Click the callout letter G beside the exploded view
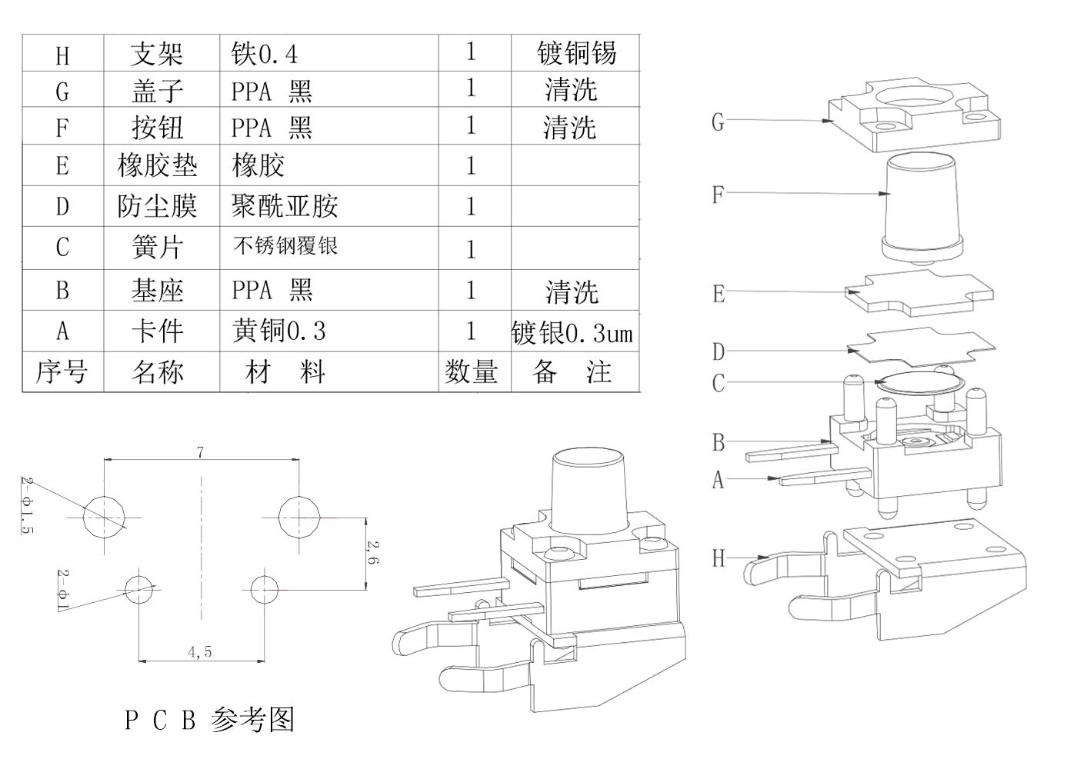pos(718,122)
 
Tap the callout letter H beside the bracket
pos(719,558)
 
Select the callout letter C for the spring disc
pos(719,383)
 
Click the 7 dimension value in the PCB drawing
pos(201,452)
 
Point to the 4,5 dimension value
pos(199,652)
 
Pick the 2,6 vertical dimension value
pos(372,554)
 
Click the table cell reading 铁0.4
pos(264,54)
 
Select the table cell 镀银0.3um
pos(572,332)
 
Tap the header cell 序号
pos(62,372)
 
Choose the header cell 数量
pos(472,372)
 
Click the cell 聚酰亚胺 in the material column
pos(285,206)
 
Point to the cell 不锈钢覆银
pos(285,247)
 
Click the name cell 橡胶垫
pos(157,165)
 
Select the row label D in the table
pos(62,206)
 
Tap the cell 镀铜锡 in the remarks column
pos(576,53)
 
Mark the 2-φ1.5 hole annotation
pos(28,504)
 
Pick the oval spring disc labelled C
pos(921,383)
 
